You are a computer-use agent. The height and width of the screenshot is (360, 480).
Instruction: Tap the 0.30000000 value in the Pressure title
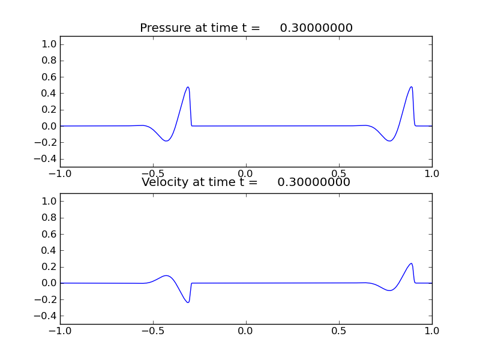coord(316,28)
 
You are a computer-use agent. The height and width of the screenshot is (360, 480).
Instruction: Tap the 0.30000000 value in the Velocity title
coord(314,182)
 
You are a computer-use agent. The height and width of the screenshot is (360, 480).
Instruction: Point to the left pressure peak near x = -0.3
coord(188,87)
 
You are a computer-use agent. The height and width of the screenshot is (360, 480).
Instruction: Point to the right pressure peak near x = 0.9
coord(412,87)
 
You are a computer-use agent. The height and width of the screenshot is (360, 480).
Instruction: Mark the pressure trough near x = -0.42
coord(167,141)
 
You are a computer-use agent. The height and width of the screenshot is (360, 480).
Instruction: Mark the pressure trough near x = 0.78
coord(390,141)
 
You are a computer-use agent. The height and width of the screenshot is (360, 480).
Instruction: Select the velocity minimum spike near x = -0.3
coord(188,302)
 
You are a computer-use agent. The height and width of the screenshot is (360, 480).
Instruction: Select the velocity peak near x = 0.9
coord(412,263)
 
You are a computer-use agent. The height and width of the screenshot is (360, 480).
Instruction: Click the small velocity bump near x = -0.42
coord(167,276)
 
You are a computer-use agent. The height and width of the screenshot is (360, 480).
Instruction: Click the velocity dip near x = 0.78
coord(390,290)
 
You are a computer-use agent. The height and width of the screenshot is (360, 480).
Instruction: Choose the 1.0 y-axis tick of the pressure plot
coord(50,44)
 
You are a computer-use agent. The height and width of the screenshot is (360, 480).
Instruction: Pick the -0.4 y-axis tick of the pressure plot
coord(47,159)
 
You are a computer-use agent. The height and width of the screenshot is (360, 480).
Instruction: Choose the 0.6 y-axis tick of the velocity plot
coord(50,234)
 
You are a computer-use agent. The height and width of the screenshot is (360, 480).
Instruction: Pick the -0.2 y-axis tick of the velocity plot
coord(47,299)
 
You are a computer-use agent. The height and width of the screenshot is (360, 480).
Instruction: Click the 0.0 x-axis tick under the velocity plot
coord(246,330)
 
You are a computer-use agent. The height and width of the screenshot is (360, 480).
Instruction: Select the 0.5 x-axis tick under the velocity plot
coord(339,330)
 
